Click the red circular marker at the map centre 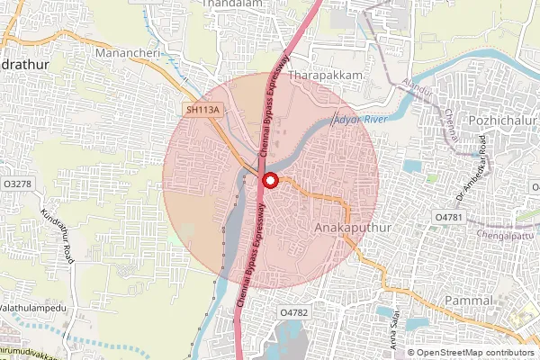pos(269,181)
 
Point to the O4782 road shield pos(293,311)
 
